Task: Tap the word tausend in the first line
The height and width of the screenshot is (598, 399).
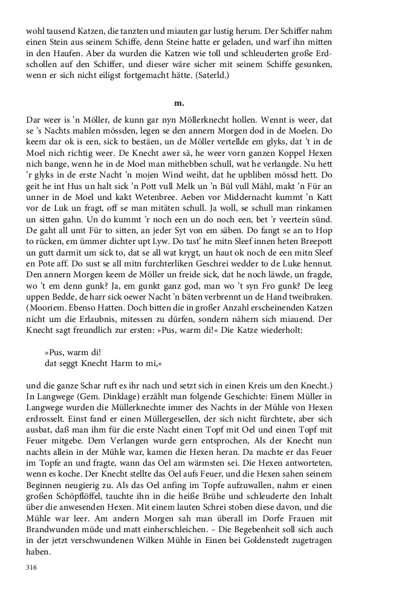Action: [60, 31]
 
